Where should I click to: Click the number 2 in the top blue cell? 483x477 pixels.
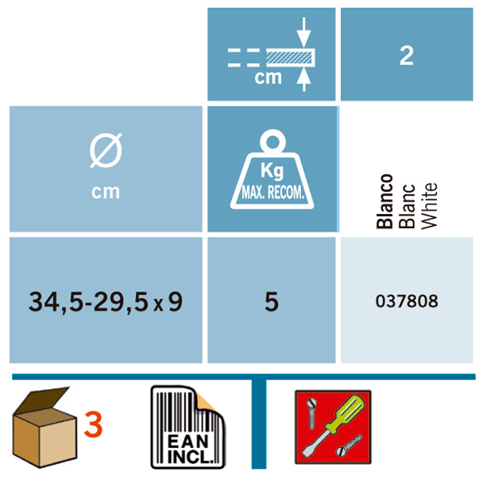click(406, 56)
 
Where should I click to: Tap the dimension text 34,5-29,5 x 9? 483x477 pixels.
click(105, 302)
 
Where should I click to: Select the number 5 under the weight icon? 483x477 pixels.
click(271, 302)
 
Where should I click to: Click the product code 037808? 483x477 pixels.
click(406, 301)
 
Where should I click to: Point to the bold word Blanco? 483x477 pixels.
click(384, 202)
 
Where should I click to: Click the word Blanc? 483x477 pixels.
click(406, 206)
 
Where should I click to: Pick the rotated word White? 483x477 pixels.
click(429, 206)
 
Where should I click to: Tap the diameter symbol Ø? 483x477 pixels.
click(106, 151)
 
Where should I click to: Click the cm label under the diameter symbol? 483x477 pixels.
click(106, 192)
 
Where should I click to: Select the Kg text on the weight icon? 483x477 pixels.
click(272, 171)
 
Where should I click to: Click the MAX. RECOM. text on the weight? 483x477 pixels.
click(273, 193)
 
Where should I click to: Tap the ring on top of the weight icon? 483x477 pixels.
click(273, 141)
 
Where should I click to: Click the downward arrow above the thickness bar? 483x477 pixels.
click(304, 31)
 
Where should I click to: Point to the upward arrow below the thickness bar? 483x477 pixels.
click(304, 80)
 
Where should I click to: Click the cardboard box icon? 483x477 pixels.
click(44, 427)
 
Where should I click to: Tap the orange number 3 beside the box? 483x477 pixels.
click(93, 425)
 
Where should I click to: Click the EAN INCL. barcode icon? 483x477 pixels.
click(188, 427)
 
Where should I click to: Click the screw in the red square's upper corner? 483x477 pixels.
click(312, 413)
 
